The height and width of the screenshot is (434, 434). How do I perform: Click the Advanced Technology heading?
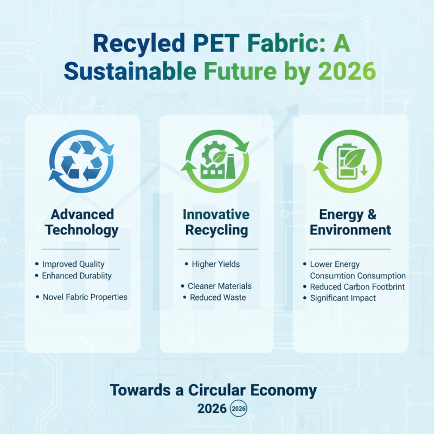[x=82, y=221]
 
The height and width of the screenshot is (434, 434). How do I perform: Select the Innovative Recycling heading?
[x=216, y=221]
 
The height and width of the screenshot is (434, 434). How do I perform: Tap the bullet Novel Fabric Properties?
[x=85, y=297]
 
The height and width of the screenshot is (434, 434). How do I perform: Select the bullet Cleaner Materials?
[x=219, y=286]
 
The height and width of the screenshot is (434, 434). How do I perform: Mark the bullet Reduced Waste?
[x=218, y=297]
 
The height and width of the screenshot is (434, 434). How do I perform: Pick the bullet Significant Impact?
[x=343, y=298]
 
